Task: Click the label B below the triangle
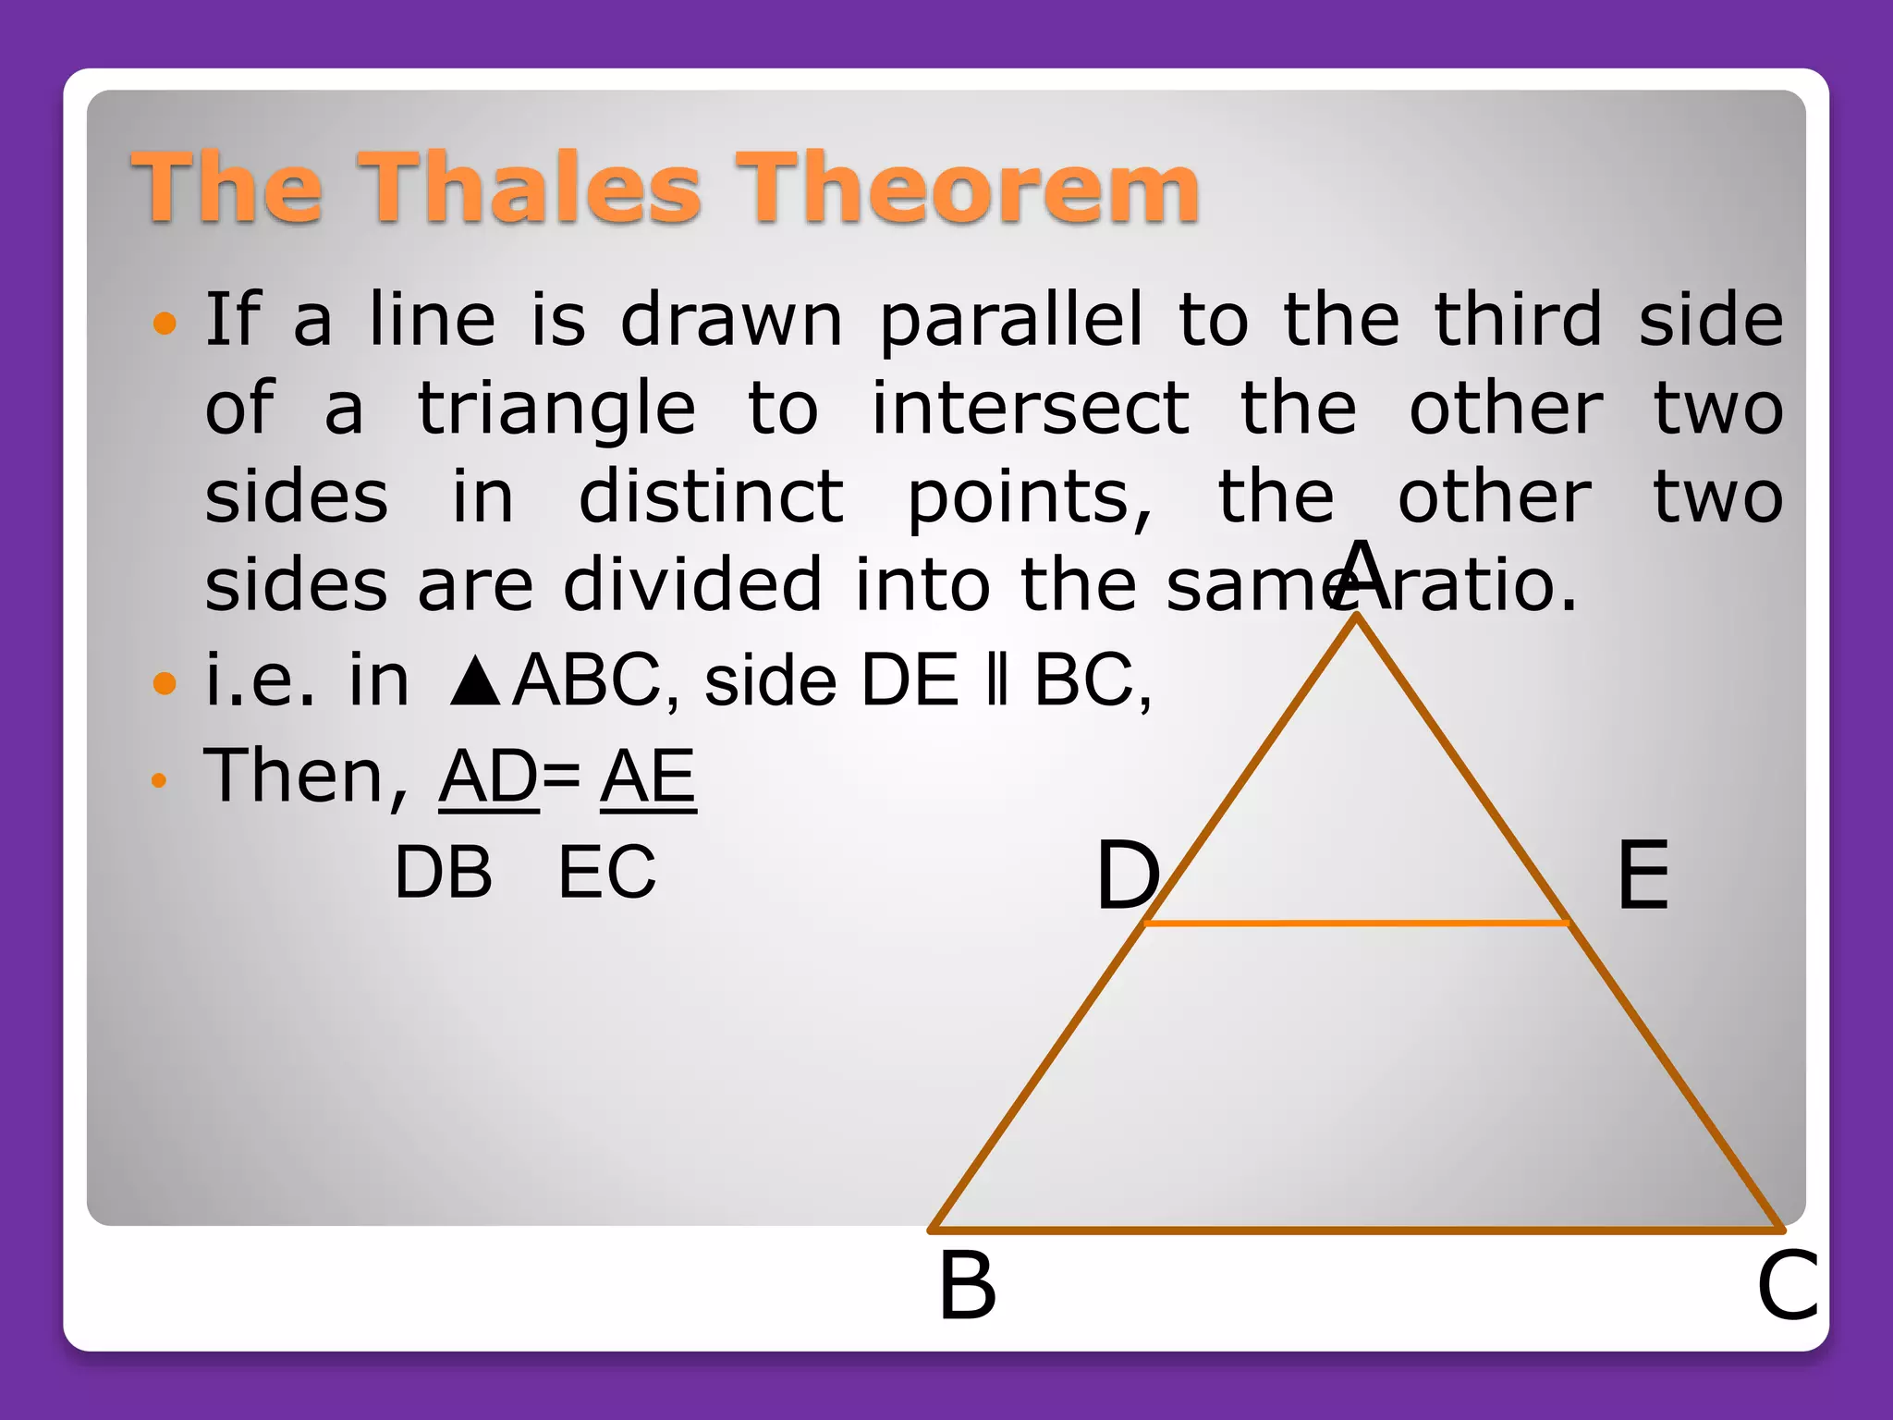(x=967, y=1286)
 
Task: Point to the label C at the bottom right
(x=1787, y=1286)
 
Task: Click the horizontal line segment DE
(x=1356, y=923)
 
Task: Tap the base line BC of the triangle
(x=1356, y=1230)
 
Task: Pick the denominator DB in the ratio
(x=443, y=872)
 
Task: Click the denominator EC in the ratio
(x=606, y=872)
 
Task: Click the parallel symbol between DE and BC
(x=995, y=680)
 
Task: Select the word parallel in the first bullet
(x=1010, y=320)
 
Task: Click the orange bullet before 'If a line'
(x=165, y=323)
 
